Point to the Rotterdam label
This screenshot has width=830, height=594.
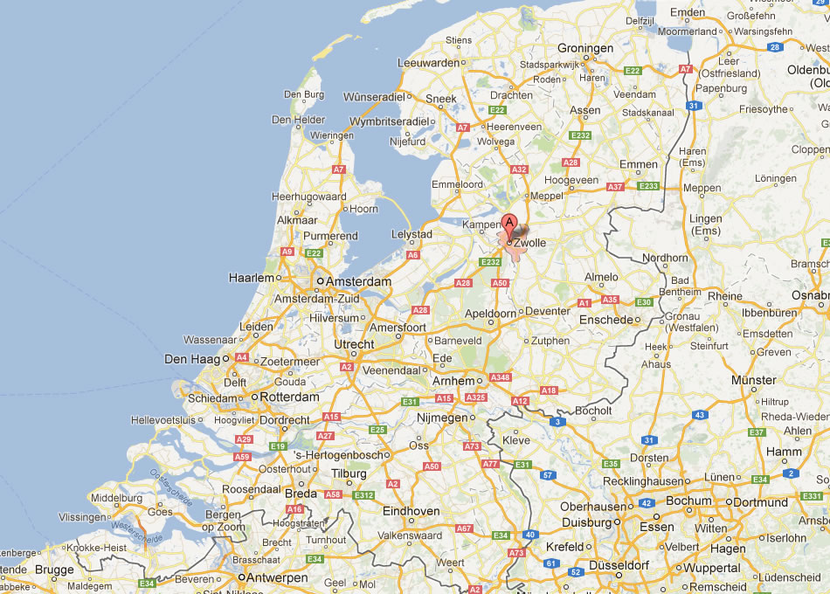(x=291, y=397)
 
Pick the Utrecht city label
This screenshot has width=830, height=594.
(x=355, y=345)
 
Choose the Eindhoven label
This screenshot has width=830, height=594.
(x=411, y=511)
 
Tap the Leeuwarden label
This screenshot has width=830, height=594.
(x=428, y=63)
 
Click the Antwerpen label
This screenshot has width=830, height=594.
(x=277, y=577)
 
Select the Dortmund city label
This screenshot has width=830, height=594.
(x=761, y=501)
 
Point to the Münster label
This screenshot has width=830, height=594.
(x=753, y=380)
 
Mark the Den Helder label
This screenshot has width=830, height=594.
(x=298, y=120)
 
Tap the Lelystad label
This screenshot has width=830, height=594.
(x=412, y=234)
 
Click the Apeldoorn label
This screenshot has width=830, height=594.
(x=488, y=311)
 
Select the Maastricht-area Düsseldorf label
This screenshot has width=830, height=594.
(x=623, y=565)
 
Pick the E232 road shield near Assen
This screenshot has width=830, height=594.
(x=580, y=135)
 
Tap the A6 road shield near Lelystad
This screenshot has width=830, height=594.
(x=412, y=255)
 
